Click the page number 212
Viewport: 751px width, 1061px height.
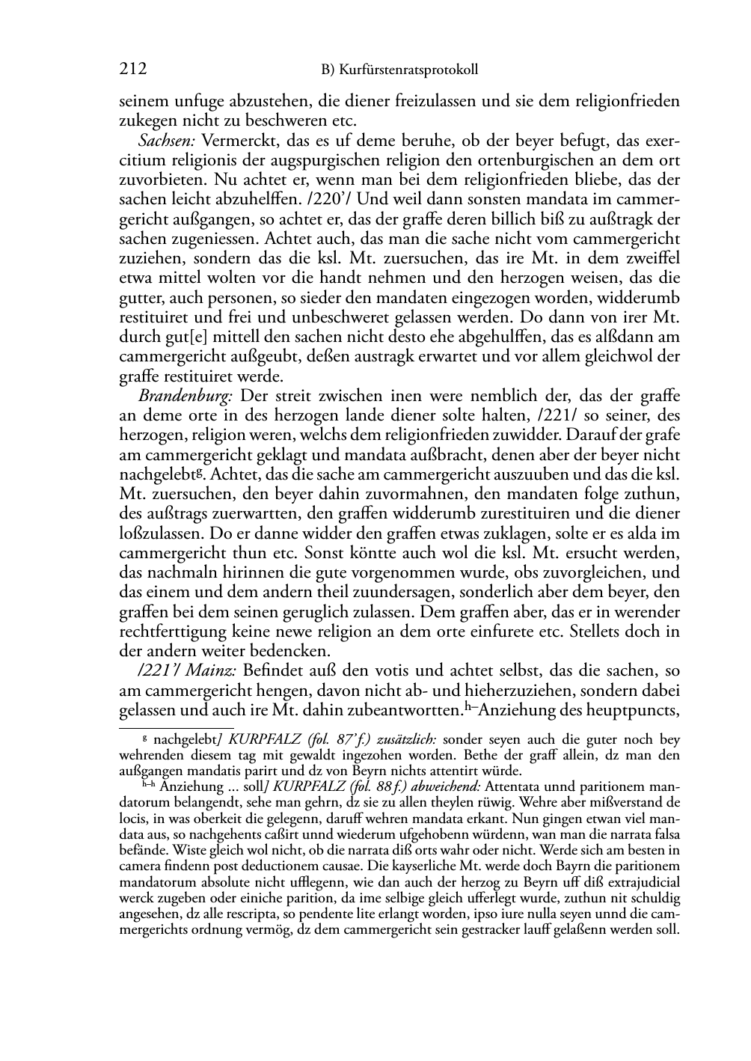tap(133, 70)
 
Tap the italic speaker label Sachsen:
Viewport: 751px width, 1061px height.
tap(166, 141)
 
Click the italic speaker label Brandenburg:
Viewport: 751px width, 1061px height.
tap(185, 396)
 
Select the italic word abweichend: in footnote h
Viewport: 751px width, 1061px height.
tap(447, 787)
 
